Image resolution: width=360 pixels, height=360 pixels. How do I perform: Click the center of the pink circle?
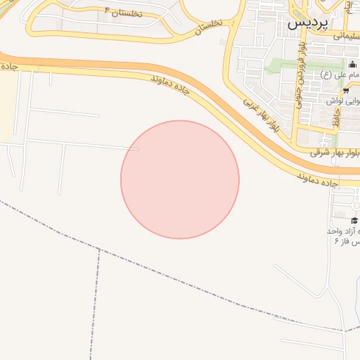coord(180,179)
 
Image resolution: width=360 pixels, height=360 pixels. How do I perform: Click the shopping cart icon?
coord(345,91)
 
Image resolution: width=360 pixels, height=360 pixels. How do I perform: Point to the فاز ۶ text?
coord(347,241)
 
